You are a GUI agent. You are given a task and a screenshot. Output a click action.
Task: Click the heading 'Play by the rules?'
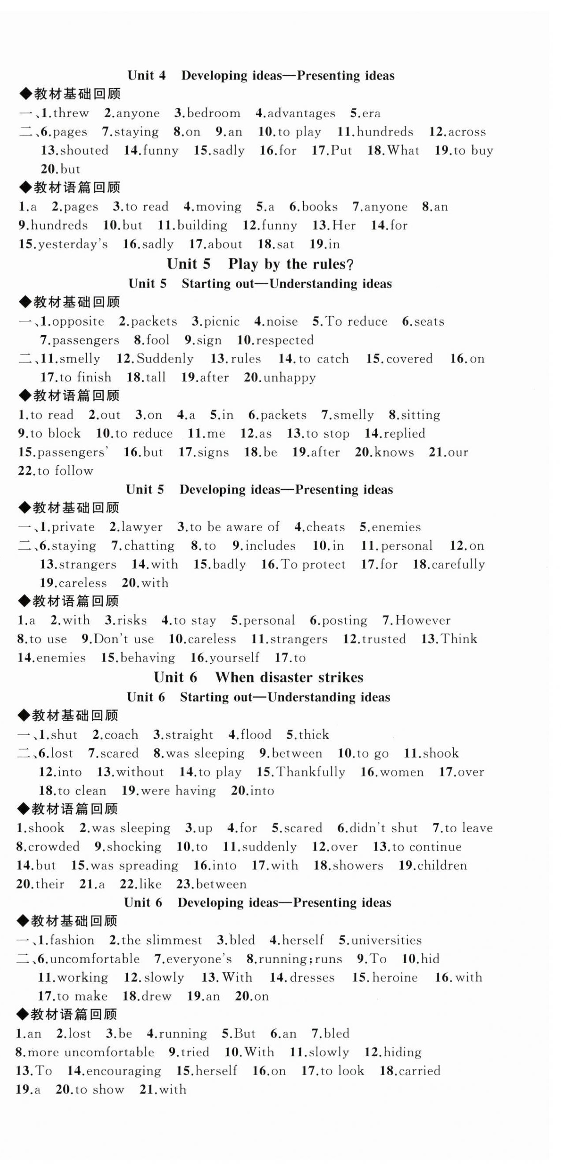coord(291,264)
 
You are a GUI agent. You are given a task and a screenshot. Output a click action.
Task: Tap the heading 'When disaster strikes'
coord(289,677)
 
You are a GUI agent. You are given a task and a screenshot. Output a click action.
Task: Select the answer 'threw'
coord(70,113)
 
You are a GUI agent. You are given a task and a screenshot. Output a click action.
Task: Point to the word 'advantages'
coord(301,113)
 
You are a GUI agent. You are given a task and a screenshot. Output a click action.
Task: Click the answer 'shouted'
coord(84,150)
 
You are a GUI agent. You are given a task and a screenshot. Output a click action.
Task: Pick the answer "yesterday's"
coord(73,244)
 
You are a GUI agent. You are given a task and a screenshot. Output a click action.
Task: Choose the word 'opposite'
coord(78,321)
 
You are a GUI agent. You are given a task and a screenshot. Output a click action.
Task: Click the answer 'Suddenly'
coord(165,359)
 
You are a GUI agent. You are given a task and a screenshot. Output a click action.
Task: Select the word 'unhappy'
coord(289,377)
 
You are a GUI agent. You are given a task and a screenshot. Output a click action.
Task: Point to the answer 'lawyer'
coord(141,527)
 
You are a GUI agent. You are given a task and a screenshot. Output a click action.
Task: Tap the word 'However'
coord(423,620)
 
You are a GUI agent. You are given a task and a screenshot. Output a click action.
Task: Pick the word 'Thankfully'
coord(311,772)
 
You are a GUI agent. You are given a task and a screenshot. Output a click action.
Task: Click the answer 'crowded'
coord(54,846)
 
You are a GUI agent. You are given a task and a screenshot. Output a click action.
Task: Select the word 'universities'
coord(387,940)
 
